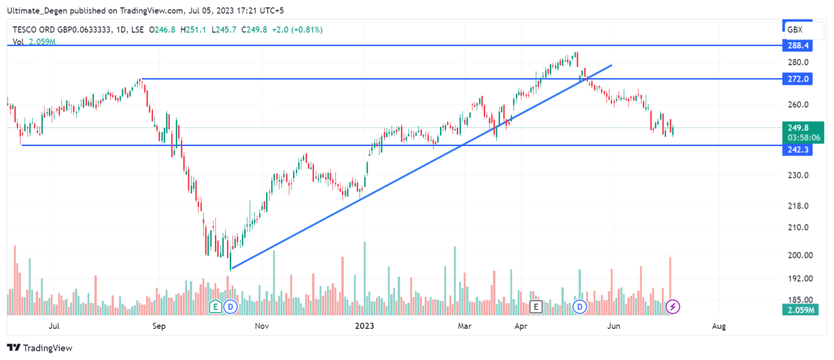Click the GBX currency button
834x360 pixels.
[x=795, y=29]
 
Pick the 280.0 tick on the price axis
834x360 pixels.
[x=798, y=63]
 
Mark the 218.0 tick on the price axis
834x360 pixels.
[x=798, y=206]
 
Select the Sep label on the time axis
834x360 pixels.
[x=158, y=326]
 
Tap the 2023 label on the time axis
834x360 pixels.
[x=364, y=326]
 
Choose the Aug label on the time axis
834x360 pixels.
[x=719, y=326]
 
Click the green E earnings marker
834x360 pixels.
[x=216, y=307]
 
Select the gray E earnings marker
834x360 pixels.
[x=536, y=307]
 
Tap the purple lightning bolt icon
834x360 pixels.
[x=673, y=307]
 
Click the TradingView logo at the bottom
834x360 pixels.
[x=39, y=347]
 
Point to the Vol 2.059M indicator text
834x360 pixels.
[x=33, y=42]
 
